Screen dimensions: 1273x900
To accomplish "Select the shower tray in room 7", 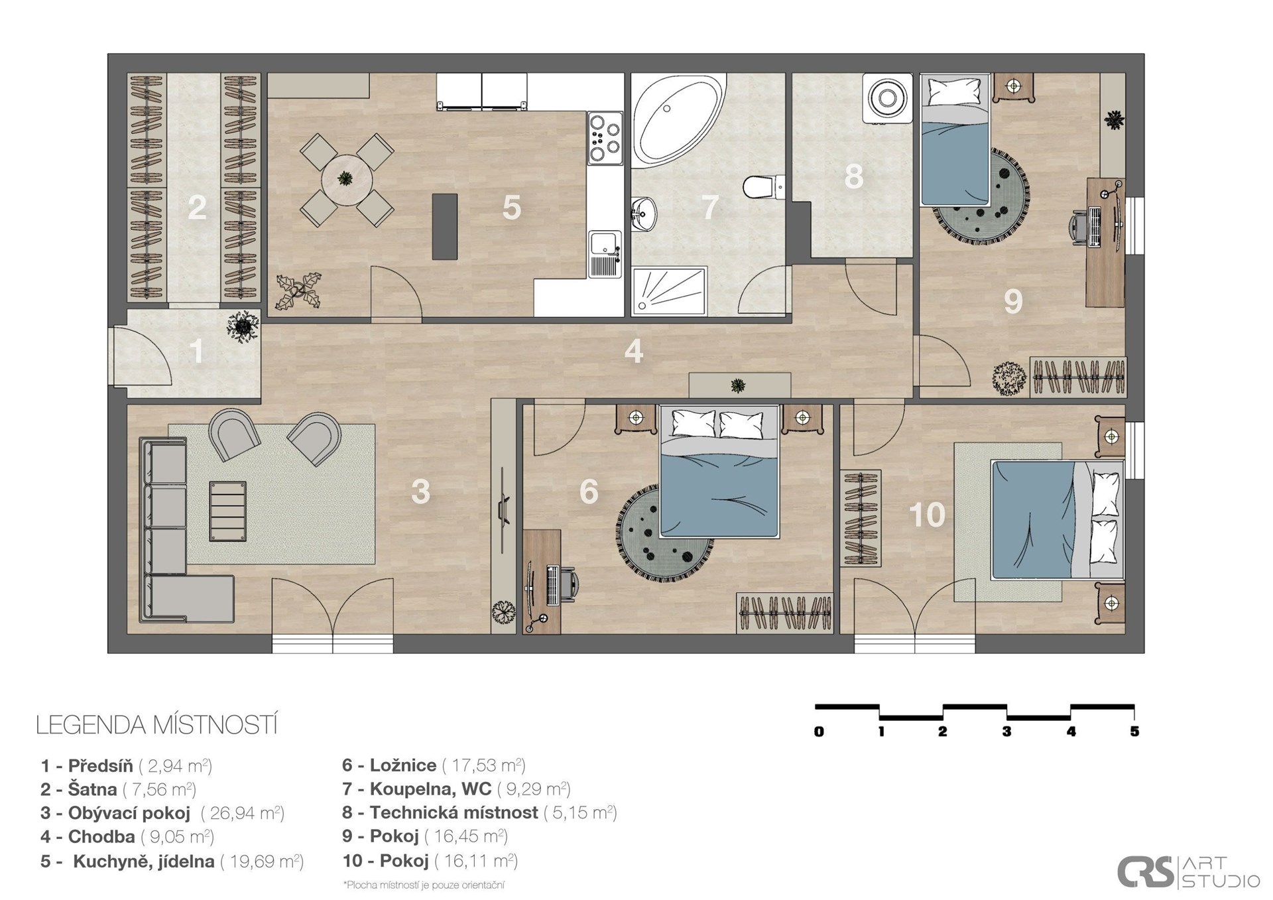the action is point(670,290).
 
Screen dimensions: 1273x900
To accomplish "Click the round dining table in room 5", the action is point(347,179).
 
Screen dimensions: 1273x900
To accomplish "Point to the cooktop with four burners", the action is point(605,138).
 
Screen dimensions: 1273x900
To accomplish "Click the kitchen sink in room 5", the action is point(605,254).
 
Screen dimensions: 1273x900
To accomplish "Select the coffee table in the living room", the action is point(227,511).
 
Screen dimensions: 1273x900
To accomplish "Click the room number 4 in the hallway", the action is point(633,352).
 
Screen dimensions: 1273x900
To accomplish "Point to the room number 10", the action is point(926,515).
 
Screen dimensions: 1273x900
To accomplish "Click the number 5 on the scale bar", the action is point(1134,732).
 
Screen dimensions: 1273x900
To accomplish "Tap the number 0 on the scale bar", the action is point(819,732).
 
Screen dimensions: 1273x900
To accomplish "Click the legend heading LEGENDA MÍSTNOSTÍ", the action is point(156,725).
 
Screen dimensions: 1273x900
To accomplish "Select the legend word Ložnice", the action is point(403,765).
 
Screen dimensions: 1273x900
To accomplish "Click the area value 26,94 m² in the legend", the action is point(243,813).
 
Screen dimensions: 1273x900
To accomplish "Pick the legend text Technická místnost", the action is point(454,812).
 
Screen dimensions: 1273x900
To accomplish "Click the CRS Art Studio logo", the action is point(1188,871).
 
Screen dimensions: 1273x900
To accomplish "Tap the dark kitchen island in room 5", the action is point(445,227).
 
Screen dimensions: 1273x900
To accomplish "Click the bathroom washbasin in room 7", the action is point(643,214).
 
